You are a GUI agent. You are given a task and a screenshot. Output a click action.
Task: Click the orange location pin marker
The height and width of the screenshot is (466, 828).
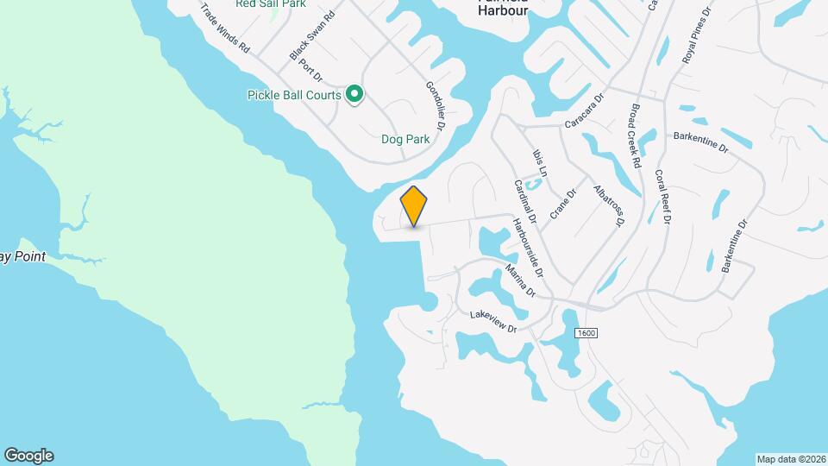(414, 205)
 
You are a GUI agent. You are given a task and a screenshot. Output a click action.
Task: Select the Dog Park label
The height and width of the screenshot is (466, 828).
(405, 138)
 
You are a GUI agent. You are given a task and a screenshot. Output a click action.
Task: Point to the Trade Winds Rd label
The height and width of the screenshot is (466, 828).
(224, 28)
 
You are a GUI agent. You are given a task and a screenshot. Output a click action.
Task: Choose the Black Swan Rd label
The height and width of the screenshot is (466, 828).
(312, 36)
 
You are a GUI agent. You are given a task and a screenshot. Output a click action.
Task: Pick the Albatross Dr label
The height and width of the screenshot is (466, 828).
(608, 205)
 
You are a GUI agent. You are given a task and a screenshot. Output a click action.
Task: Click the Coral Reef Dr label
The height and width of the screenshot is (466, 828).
(663, 196)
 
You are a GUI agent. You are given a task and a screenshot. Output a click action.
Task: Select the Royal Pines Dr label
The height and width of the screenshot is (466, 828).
(697, 38)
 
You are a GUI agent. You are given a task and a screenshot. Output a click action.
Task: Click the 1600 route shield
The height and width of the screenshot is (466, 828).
(587, 333)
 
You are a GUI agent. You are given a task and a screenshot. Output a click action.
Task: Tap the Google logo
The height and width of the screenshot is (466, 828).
(28, 456)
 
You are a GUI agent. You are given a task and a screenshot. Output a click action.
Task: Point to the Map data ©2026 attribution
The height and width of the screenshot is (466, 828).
(790, 459)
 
